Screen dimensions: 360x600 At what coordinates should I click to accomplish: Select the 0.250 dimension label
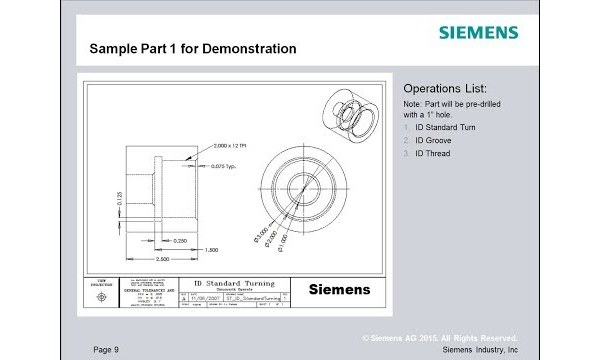[181, 241]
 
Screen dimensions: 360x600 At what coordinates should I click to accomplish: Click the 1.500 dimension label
[211, 249]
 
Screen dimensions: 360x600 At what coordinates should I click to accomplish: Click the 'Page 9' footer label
[106, 349]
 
